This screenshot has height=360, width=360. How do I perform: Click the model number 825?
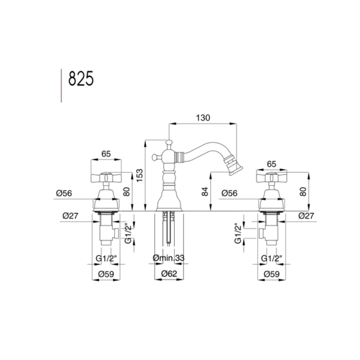point(81,78)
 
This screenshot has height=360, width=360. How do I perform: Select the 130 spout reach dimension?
point(203,118)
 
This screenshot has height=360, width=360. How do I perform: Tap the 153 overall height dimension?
point(140,175)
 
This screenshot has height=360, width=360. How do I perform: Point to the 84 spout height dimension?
point(205,191)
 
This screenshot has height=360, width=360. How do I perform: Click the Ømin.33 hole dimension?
point(169,258)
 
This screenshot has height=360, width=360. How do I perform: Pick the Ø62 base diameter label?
point(169,274)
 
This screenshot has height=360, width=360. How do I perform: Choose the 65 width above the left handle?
point(106,154)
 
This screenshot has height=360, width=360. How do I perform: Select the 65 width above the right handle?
point(271,164)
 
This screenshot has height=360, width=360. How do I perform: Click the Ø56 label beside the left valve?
point(64,193)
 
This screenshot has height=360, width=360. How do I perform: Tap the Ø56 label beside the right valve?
point(229,193)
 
